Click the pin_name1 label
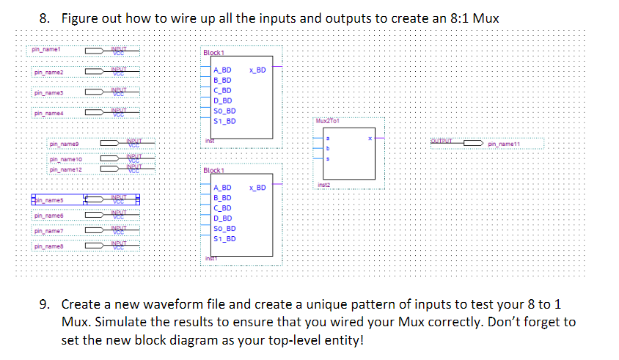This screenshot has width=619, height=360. coord(45,51)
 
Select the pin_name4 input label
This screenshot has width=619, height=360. coord(49,113)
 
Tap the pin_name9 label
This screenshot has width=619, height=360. coord(64,145)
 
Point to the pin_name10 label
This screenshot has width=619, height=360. coord(65,160)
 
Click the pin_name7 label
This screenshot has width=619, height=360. coord(49,231)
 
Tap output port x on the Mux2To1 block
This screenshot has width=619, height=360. coord(370,138)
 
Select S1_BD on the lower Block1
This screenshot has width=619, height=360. coord(224,238)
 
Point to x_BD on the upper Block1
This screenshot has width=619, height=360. coord(257,70)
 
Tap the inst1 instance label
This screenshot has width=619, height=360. coord(210,258)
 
